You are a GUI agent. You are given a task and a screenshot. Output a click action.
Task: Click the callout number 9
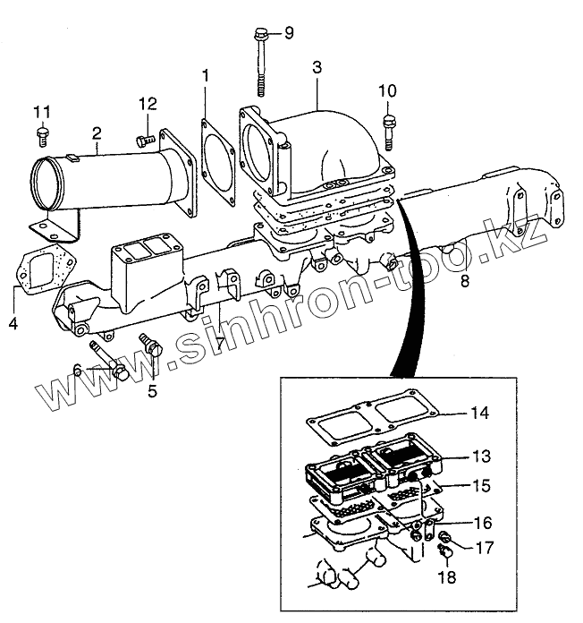tap(288, 33)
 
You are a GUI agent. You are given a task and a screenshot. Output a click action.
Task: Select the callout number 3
tap(317, 67)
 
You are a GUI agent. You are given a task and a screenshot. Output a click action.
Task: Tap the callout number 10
tap(387, 90)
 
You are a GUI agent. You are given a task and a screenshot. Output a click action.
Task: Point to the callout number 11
tap(41, 111)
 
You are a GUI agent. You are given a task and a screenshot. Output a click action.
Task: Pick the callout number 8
tap(463, 281)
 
